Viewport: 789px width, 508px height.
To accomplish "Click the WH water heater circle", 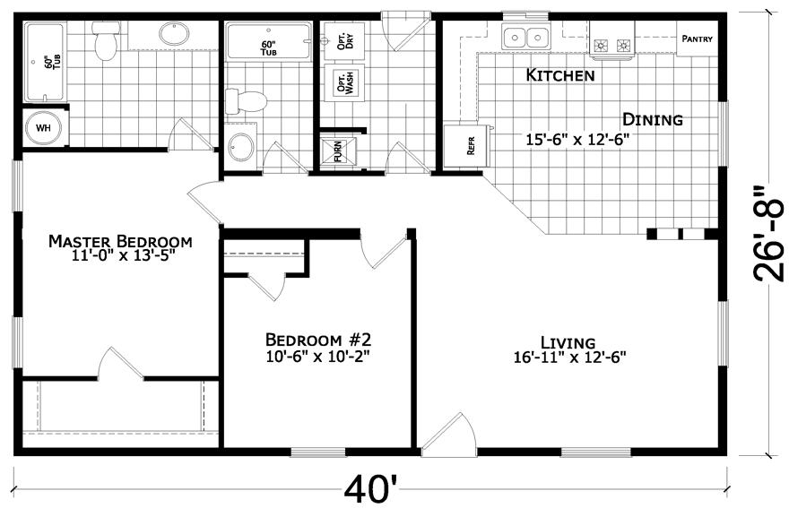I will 43,128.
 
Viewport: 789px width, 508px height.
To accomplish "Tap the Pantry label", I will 697,39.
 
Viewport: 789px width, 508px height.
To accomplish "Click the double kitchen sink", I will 526,38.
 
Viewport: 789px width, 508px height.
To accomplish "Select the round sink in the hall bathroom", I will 241,147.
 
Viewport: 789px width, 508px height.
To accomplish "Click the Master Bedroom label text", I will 120,241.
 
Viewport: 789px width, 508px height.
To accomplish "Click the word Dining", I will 653,119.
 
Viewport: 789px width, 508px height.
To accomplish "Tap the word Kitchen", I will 559,75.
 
